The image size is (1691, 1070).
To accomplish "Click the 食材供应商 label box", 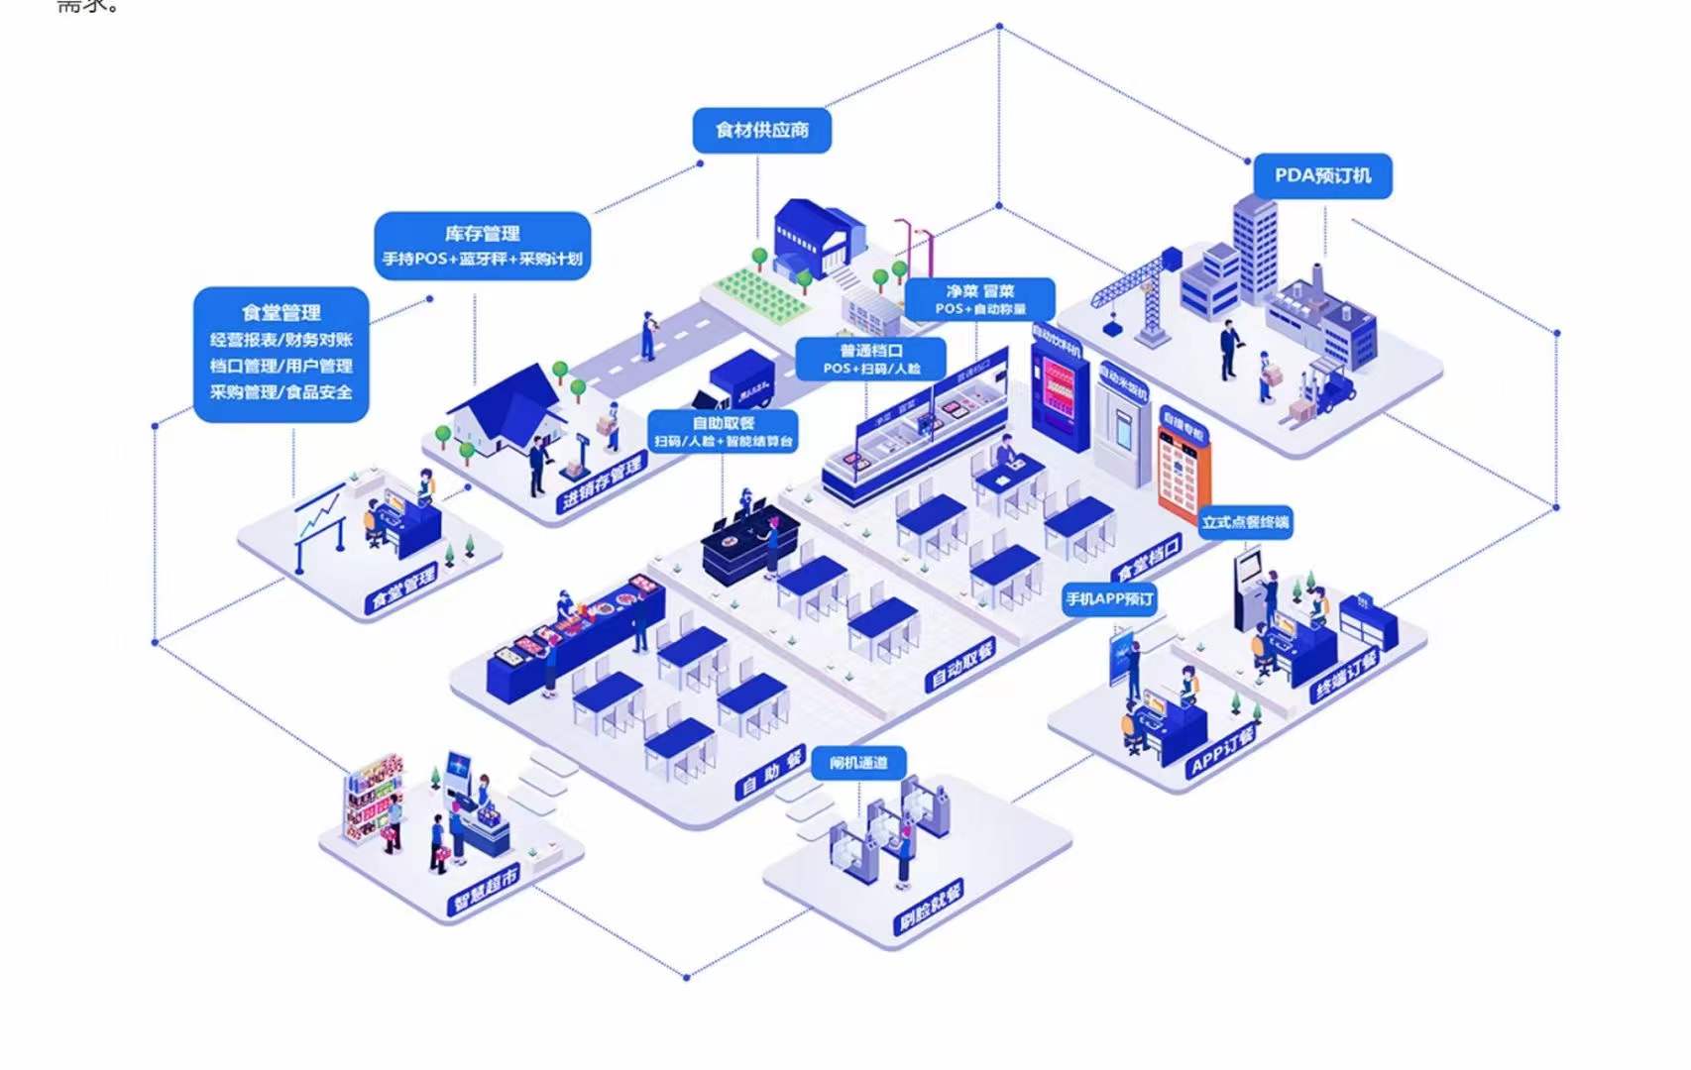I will click(x=761, y=130).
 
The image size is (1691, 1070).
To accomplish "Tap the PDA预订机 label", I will click(x=1322, y=175).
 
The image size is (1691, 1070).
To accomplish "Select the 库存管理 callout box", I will click(x=483, y=245).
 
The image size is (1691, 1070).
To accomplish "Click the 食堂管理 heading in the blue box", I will click(x=282, y=313).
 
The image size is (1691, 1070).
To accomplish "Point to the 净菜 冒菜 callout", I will click(x=979, y=299).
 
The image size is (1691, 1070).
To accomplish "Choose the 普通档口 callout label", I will click(x=871, y=359).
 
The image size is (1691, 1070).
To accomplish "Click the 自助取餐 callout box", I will click(x=723, y=431).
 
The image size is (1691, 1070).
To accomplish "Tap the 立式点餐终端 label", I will click(x=1246, y=522).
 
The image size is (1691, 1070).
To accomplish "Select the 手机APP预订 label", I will click(x=1109, y=598).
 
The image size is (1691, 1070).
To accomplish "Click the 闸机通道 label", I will click(x=858, y=762).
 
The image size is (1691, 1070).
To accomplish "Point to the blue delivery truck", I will click(x=738, y=380).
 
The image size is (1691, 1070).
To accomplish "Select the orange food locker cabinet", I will click(x=1184, y=466).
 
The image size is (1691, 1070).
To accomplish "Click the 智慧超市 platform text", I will click(x=486, y=889).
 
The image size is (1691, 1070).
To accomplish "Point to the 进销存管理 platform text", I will click(x=602, y=484).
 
